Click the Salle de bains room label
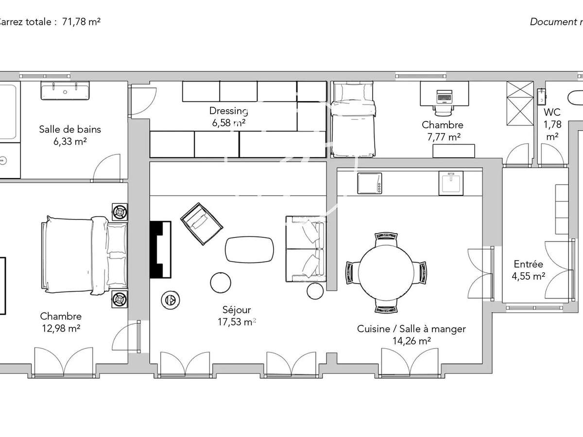coord(70,129)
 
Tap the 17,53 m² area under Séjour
coord(237,321)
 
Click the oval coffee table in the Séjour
coord(249,249)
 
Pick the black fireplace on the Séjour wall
coord(160,250)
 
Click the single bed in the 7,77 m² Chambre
coord(353,119)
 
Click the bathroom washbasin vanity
coord(65,91)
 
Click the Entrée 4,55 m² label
coord(528,270)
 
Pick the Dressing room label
coord(228,111)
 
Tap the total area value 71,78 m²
coord(81,22)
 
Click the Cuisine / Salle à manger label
coord(411,329)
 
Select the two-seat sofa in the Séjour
coord(305,249)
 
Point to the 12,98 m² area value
coord(61,328)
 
